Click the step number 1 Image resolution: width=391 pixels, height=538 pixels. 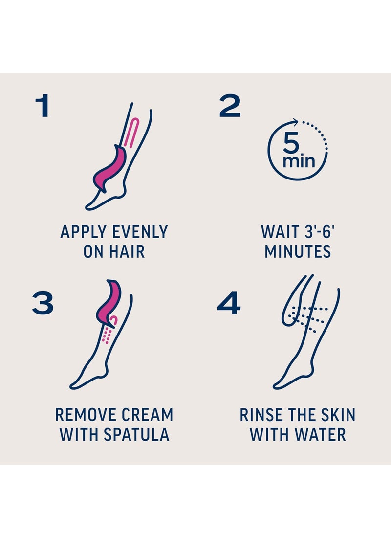tap(43, 105)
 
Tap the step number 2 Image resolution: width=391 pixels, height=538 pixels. tap(230, 105)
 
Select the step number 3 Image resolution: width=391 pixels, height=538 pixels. tap(43, 303)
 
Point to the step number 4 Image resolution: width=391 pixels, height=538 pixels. tap(229, 303)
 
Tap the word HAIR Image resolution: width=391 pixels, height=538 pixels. tap(127, 251)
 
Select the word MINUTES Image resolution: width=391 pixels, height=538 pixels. tap(298, 251)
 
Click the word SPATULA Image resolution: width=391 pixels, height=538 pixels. tap(136, 434)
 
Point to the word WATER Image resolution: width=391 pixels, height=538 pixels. tap(320, 434)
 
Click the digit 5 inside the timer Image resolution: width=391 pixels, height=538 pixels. tap(291, 143)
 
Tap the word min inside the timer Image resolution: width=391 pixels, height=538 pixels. tap(299, 161)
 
